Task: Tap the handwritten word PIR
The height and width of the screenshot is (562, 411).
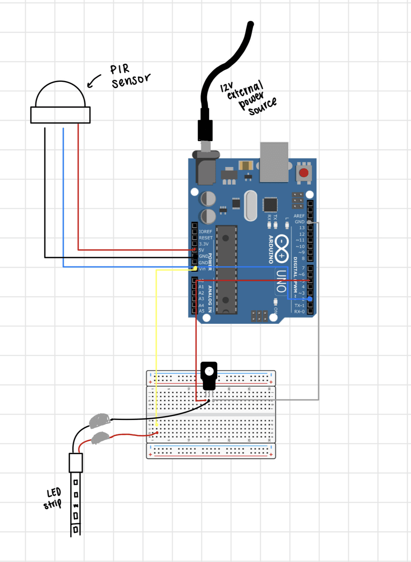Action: [120, 69]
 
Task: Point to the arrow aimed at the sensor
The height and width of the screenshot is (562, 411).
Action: [93, 81]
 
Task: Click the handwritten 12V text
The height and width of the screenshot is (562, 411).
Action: [226, 87]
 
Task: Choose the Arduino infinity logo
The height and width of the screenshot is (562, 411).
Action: [281, 249]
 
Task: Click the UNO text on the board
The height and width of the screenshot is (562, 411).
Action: [281, 281]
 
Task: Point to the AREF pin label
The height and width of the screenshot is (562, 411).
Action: [299, 216]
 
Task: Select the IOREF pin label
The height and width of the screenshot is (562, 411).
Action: [205, 232]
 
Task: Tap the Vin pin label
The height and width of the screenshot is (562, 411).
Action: [202, 269]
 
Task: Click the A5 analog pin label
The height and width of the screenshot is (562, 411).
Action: [202, 311]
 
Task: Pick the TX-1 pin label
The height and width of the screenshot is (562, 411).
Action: [299, 306]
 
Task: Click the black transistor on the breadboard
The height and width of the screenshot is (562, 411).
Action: [209, 376]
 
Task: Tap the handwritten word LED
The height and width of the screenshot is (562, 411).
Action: [54, 493]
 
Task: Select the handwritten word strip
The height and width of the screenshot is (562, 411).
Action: [52, 504]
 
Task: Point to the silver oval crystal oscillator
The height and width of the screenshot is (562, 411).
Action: [250, 206]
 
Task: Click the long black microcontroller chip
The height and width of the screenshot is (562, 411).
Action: [226, 270]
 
